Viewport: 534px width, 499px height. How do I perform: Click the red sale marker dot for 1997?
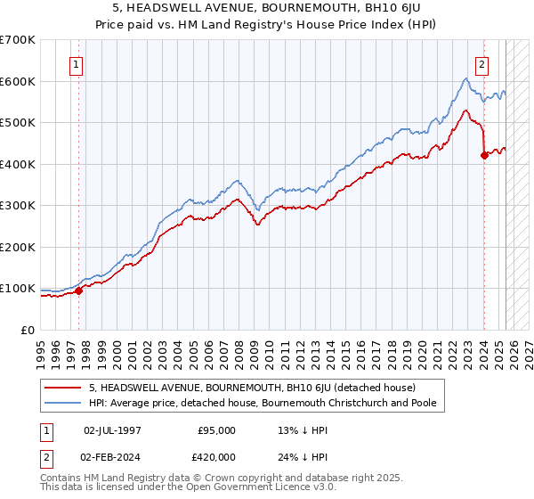[x=78, y=290]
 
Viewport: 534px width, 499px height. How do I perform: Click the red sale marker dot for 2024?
[x=484, y=155]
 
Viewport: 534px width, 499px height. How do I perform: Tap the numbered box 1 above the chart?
[x=77, y=64]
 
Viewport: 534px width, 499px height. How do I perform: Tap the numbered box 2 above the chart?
[x=481, y=64]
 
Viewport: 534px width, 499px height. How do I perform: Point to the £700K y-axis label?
[x=18, y=40]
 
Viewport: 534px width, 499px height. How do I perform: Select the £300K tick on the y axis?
[x=18, y=206]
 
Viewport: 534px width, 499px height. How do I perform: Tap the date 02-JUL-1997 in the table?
[x=112, y=430]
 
